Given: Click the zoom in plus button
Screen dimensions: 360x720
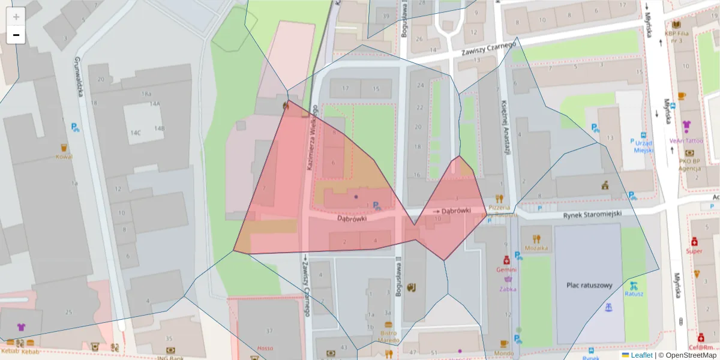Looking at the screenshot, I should [16, 17].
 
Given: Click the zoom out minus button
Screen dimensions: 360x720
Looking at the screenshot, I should [16, 35].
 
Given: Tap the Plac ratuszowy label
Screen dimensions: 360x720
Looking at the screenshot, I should [589, 286].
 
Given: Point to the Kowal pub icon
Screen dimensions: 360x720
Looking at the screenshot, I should [64, 148].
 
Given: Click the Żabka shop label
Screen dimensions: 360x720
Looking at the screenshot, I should [508, 288].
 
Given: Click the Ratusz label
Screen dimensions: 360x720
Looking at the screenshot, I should [634, 294].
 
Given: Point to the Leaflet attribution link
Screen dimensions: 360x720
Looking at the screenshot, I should [641, 355].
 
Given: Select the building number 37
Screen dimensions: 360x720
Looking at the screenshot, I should [269, 331].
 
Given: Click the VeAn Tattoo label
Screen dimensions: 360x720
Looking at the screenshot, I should [686, 141].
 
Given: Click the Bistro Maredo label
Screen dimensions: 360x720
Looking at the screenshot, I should [388, 337].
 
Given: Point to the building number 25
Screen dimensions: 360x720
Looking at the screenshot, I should [68, 312].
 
